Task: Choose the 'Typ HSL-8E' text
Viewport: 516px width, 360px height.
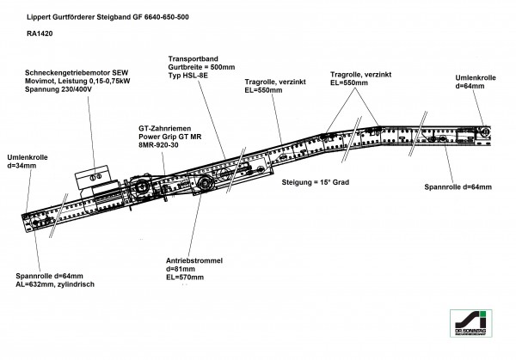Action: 190,76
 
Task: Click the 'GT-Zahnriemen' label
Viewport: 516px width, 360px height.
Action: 163,128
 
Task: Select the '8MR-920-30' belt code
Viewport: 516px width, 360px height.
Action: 160,146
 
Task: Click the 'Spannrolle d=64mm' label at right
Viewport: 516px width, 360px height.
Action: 457,187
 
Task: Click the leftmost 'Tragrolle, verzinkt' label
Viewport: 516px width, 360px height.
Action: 272,85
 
